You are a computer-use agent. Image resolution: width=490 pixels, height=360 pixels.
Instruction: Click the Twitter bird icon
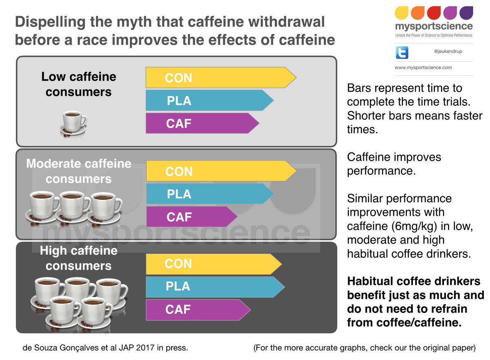(402, 53)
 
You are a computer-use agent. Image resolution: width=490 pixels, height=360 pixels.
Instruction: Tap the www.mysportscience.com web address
(423, 67)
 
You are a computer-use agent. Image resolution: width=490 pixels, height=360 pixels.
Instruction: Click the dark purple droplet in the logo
(466, 13)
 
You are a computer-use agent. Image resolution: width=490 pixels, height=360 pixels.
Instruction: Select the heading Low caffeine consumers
(78, 84)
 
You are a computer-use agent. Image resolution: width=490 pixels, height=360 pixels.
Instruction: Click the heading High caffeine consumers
(78, 258)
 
